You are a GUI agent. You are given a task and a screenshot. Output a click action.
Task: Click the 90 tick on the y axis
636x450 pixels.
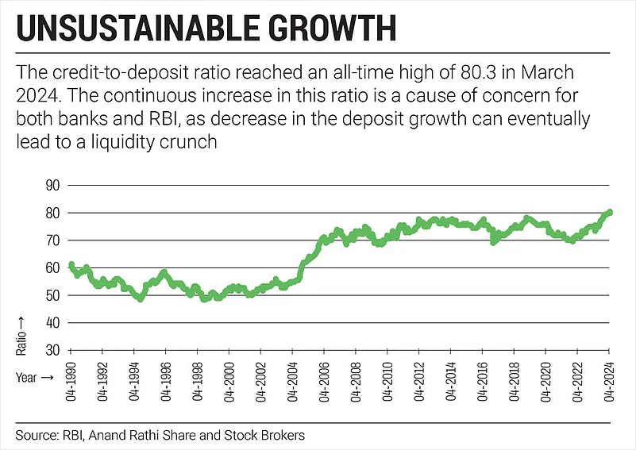click(x=52, y=185)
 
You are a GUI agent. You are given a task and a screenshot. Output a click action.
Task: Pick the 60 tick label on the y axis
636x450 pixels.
click(x=52, y=267)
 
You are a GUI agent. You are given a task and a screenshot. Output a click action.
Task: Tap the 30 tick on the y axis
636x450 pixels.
click(x=52, y=350)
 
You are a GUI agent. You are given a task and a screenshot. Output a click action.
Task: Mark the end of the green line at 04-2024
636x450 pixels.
click(x=610, y=212)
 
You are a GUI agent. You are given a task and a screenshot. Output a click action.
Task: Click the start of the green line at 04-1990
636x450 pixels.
click(x=71, y=264)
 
